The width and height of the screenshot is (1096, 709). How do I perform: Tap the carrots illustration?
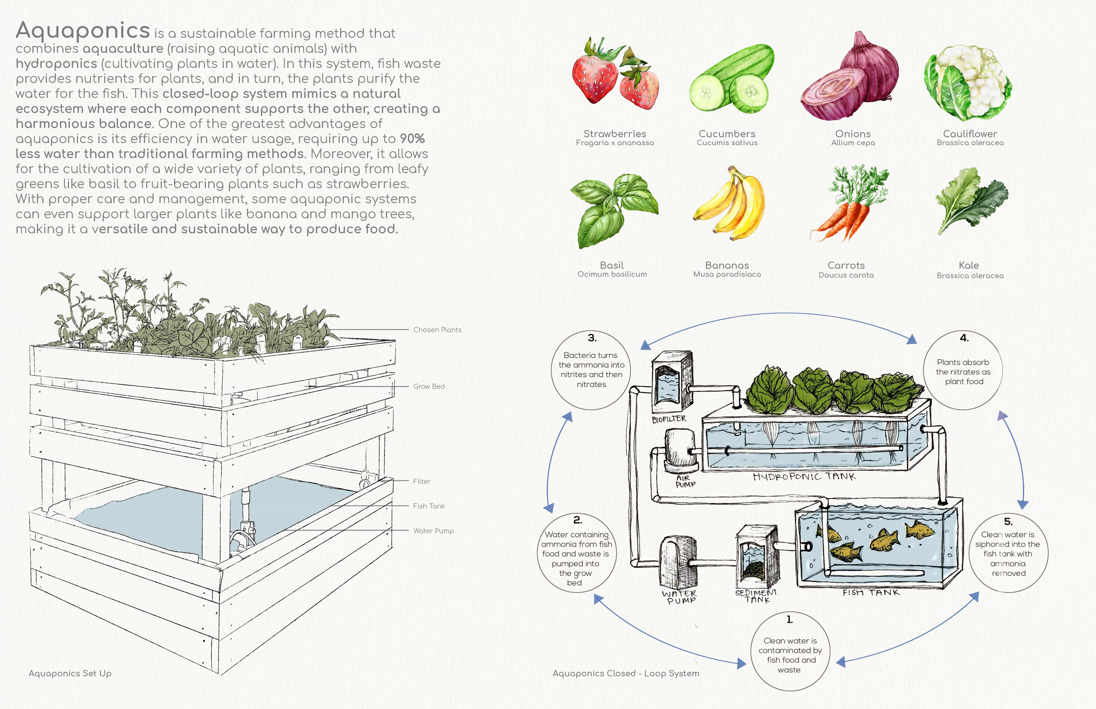click(849, 205)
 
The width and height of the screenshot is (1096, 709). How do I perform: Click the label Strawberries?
click(615, 133)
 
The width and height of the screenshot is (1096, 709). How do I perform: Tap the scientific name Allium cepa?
click(853, 143)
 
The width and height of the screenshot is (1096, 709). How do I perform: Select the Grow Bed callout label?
click(429, 386)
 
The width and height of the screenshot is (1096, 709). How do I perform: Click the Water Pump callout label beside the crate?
click(433, 531)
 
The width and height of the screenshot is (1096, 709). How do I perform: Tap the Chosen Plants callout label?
click(437, 330)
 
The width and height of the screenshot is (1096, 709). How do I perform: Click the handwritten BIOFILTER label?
click(669, 419)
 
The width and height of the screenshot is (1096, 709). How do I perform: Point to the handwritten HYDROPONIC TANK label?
click(804, 477)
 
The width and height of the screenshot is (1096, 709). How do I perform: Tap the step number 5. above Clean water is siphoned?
click(1008, 521)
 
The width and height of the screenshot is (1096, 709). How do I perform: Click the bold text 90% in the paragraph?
click(412, 139)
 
